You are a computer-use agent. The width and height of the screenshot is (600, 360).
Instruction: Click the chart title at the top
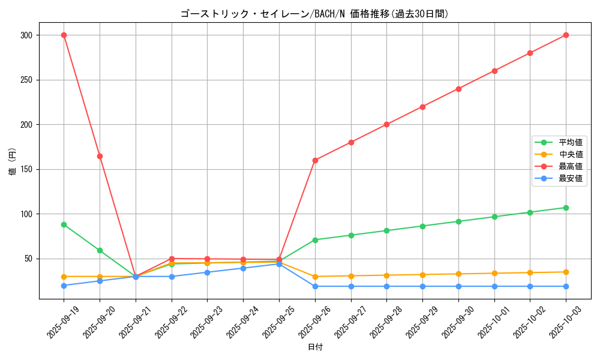[x=314, y=14]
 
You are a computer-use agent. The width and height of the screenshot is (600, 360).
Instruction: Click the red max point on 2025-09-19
[x=64, y=35]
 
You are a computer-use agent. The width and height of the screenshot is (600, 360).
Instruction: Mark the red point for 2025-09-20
[x=100, y=156]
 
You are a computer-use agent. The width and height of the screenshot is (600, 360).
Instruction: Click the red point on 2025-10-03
[x=566, y=35]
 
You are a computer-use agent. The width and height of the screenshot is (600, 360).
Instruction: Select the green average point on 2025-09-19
[x=64, y=224]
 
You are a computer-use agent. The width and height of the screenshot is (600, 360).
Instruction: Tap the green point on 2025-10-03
[x=566, y=208]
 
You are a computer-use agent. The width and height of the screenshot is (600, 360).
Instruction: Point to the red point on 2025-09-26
[x=315, y=160]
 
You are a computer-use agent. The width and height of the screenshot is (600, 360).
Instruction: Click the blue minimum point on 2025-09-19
[x=64, y=286]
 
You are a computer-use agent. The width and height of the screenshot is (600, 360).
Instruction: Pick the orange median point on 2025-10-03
[x=566, y=272]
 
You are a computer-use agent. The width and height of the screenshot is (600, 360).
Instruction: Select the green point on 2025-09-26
[x=315, y=240]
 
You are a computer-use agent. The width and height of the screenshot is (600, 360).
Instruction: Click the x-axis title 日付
[x=315, y=347]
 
